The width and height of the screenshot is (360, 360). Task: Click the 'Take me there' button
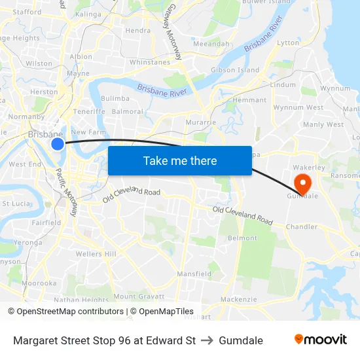click(x=179, y=160)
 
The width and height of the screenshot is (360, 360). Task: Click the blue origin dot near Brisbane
click(x=58, y=143)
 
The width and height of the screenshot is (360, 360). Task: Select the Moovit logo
click(x=320, y=339)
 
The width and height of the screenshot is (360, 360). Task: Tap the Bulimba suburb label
click(x=115, y=98)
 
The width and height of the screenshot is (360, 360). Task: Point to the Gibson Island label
click(x=234, y=70)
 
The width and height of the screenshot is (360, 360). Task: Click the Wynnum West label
click(x=298, y=107)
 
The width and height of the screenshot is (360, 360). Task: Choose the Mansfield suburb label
click(x=194, y=274)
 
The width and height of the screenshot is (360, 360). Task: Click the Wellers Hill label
click(x=96, y=254)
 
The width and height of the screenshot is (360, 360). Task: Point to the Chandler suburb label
click(x=302, y=227)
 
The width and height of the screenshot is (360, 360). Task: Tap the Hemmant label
click(x=250, y=100)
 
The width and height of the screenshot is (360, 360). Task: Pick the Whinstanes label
click(x=150, y=62)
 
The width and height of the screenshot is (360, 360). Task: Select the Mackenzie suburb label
click(x=234, y=299)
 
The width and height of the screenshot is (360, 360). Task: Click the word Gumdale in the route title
click(x=241, y=340)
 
